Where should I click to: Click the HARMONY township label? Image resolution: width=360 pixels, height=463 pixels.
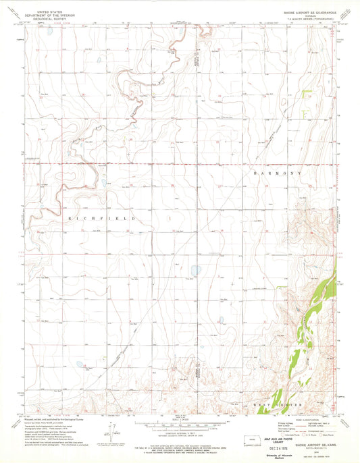coord(275,173)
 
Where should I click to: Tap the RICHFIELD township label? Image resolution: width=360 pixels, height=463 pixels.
coord(103,219)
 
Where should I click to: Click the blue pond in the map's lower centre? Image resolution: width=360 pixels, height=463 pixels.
coord(195,271)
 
